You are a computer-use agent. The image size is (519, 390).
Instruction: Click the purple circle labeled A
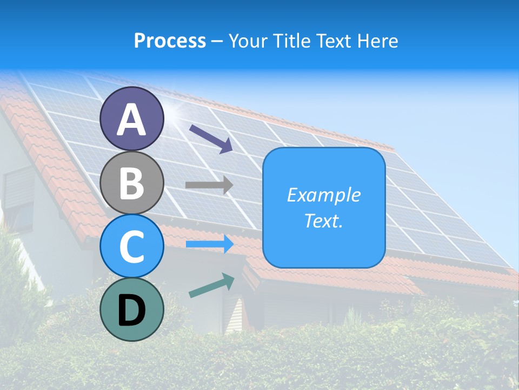(x=131, y=119)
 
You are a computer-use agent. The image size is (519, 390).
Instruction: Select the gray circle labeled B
(x=131, y=183)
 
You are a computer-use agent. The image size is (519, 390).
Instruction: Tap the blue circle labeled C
(x=131, y=246)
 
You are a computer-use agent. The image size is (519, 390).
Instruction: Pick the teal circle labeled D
(x=131, y=309)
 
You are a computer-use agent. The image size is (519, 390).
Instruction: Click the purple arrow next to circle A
(x=211, y=138)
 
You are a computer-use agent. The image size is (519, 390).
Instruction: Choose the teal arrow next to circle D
(x=211, y=285)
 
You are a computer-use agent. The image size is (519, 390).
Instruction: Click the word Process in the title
(x=170, y=41)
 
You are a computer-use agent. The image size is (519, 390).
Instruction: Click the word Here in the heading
(x=378, y=41)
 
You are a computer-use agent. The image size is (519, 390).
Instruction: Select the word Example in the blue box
(x=323, y=195)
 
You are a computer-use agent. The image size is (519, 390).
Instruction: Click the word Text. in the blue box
(x=323, y=220)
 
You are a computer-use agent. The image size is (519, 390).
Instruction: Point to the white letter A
(x=131, y=119)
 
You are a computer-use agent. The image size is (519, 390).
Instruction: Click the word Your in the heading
(x=249, y=41)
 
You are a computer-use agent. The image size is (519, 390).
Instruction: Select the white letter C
(x=131, y=246)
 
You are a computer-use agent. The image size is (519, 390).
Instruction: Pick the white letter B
(x=131, y=183)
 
